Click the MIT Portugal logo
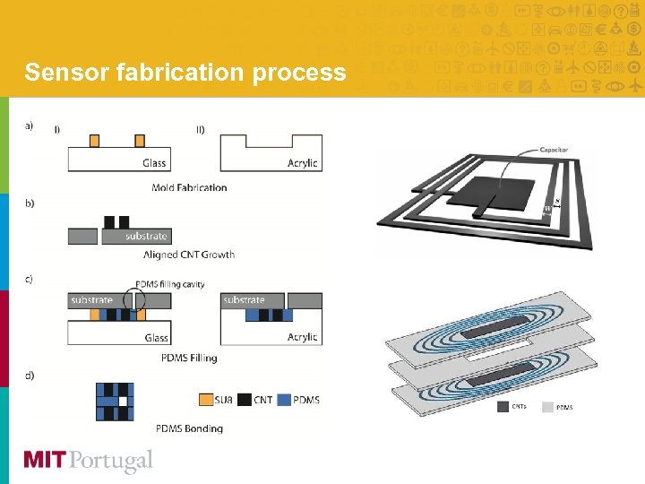click(x=88, y=461)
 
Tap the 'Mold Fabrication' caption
click(x=189, y=187)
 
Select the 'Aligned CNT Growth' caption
click(x=189, y=255)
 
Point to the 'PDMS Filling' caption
click(x=189, y=358)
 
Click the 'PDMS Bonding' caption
click(x=189, y=428)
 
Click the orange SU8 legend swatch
click(x=206, y=399)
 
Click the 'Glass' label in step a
click(x=154, y=163)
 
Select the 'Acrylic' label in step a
click(x=302, y=163)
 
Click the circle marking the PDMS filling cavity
click(x=134, y=300)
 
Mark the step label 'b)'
click(x=30, y=203)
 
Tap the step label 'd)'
click(x=30, y=375)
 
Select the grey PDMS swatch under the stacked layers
click(x=546, y=407)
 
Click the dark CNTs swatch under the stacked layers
click(x=504, y=407)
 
